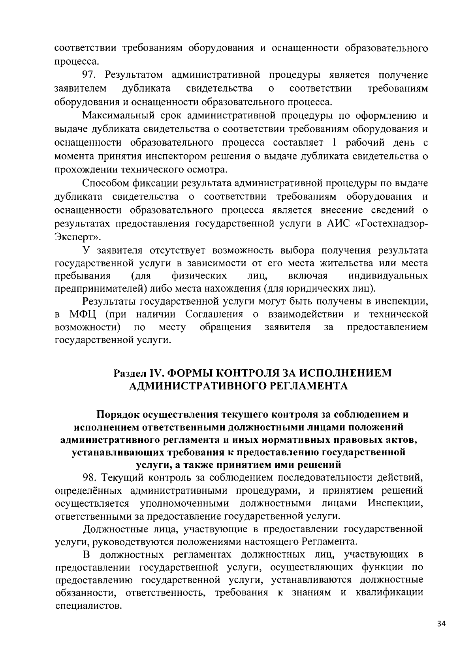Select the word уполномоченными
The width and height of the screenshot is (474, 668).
coord(184,503)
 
